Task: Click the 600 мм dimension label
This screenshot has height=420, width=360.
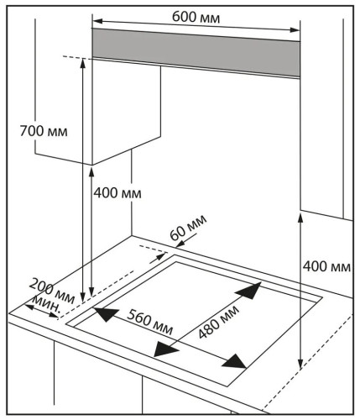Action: point(196,17)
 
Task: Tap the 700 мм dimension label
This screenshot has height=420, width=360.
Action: point(44,131)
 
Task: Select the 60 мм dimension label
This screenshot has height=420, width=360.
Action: point(188,228)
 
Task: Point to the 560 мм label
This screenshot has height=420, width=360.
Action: point(150,323)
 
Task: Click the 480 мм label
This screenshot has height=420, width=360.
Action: point(219,322)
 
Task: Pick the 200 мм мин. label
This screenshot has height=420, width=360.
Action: point(50,296)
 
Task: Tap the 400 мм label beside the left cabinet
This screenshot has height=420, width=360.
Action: point(117,193)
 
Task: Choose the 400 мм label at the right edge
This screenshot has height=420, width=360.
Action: point(326,266)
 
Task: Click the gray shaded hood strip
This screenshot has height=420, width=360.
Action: point(196,52)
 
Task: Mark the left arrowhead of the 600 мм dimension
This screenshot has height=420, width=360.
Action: point(97,21)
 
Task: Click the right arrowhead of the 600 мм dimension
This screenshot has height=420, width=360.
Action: point(295,30)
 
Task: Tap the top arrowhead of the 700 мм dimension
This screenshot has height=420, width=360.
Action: point(82,63)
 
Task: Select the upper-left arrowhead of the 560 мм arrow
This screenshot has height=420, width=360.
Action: point(105,314)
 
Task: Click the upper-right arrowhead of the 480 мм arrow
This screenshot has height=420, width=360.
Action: point(249,291)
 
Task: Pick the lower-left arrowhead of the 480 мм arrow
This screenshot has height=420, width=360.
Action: point(166,349)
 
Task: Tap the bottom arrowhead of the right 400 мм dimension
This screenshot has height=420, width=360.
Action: point(300,364)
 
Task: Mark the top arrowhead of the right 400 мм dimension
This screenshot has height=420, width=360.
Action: point(300,218)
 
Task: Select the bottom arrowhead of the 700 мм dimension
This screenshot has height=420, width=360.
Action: point(82,297)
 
